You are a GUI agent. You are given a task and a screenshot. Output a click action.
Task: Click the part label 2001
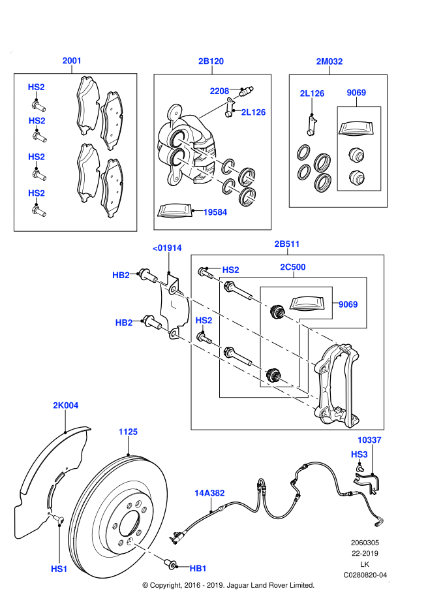point(72,61)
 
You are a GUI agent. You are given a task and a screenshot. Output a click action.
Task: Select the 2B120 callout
point(211,61)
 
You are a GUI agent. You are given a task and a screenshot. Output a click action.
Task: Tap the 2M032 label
point(329,61)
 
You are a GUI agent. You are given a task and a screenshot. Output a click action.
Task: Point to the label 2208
point(219,91)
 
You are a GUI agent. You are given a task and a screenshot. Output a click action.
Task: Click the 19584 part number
point(215,212)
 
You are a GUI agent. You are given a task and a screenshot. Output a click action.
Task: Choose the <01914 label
point(167,247)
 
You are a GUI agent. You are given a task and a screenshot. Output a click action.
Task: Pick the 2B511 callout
point(286,244)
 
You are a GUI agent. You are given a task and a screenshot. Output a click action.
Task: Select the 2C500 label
point(292,267)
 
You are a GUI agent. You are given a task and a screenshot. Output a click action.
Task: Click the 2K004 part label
point(65,406)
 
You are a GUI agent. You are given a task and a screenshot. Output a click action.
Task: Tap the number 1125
point(128,432)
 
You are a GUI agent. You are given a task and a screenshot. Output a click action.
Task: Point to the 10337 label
point(369,440)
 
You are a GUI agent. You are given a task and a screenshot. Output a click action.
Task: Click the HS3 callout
point(359,455)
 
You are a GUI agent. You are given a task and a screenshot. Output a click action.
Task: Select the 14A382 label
point(209,493)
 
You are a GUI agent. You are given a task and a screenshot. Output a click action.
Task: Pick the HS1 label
point(59,569)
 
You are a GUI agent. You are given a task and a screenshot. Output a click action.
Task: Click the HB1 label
point(198,568)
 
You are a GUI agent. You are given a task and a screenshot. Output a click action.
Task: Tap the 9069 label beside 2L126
point(356,93)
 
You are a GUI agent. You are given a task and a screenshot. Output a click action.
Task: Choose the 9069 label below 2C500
point(348,304)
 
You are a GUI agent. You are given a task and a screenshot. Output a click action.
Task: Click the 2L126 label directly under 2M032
point(312,93)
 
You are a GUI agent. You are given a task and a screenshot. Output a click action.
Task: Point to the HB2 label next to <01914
point(121,276)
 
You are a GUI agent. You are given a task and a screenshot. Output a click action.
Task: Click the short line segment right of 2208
point(236,97)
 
